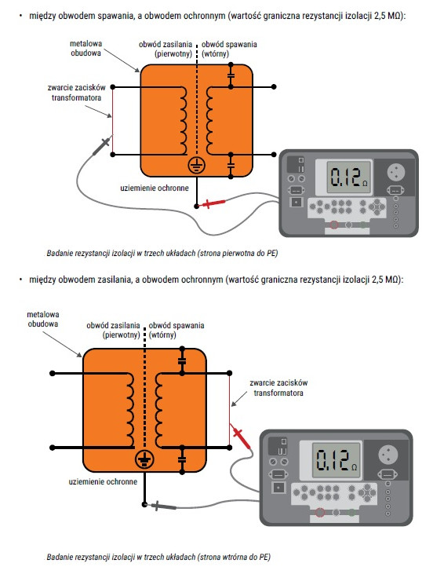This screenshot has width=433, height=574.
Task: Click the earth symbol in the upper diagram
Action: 197,166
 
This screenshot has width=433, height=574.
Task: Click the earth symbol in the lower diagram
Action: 145,460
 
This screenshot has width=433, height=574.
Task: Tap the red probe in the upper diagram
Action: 212,203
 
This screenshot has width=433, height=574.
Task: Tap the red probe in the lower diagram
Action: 240,436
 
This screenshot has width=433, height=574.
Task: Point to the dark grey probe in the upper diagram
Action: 102,145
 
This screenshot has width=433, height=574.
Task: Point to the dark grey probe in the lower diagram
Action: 161,506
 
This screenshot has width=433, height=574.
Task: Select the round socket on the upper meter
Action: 396,171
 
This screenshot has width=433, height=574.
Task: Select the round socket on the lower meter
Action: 388,454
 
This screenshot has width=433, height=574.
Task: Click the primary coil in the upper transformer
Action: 183,121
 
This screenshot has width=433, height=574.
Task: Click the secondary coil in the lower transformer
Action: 158,411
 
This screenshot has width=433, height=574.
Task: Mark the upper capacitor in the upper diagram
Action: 231,76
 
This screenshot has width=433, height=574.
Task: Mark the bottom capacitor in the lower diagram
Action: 182,460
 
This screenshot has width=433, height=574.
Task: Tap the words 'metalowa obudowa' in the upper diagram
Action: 86,49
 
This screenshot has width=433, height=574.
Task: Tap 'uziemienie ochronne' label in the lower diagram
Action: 103,482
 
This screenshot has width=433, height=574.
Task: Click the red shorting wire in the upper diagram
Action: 112,121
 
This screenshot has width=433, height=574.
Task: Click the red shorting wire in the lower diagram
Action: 230,411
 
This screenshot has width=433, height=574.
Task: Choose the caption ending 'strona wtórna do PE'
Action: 158,557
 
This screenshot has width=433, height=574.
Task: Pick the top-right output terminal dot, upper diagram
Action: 274,86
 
